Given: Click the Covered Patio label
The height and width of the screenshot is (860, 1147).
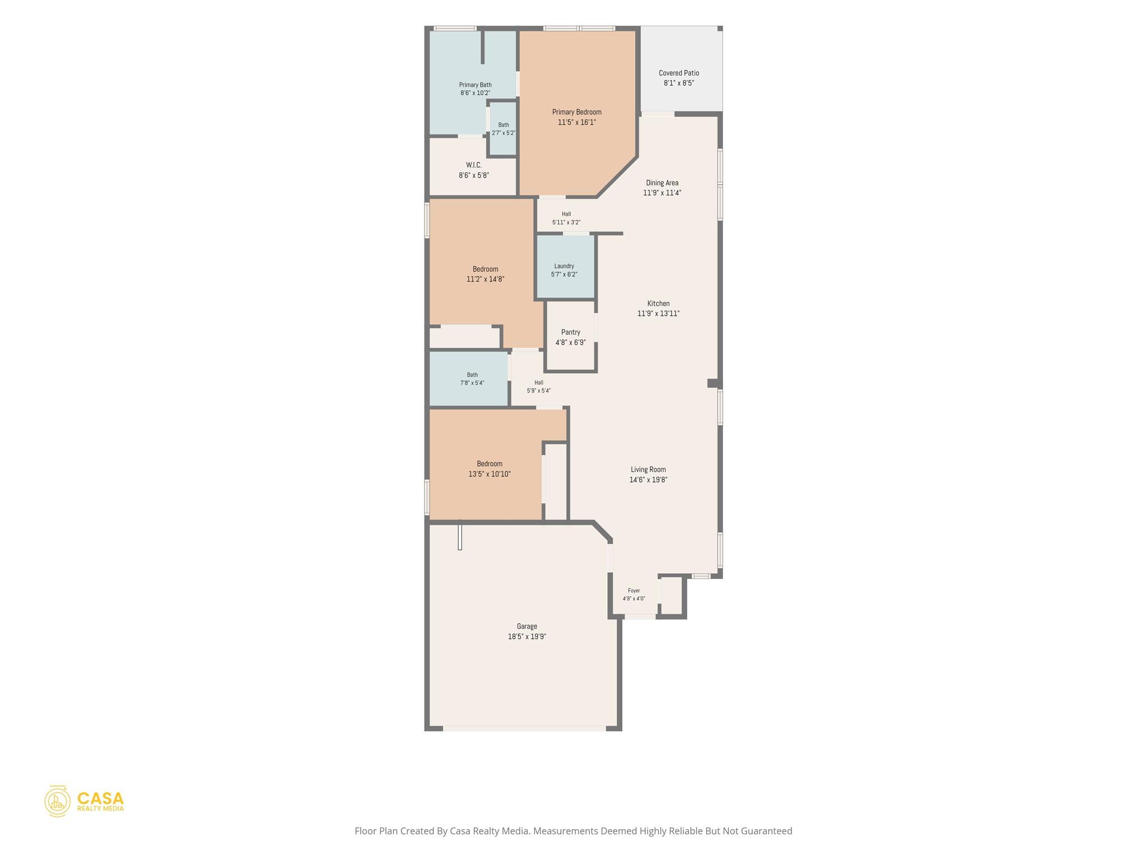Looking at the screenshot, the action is point(679,73).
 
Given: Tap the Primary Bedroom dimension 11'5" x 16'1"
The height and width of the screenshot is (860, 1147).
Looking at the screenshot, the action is point(577,122).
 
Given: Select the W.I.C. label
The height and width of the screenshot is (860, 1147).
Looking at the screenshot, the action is point(474,165).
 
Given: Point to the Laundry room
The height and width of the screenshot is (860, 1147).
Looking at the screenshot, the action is point(566,267).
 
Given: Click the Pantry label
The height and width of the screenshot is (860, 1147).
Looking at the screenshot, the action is point(571,332).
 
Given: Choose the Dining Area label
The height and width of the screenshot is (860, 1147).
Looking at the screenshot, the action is point(662,183).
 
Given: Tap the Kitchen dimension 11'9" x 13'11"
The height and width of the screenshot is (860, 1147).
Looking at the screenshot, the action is point(659,314).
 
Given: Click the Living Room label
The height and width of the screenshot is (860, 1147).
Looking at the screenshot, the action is point(649,469).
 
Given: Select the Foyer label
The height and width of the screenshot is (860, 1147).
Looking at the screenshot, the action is point(634,591).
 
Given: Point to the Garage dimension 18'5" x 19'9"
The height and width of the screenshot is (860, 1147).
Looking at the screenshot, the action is point(527,637).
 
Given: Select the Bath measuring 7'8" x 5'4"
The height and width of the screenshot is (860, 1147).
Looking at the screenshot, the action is point(472,379).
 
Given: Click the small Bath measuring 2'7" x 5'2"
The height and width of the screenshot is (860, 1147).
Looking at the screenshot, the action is point(503,129).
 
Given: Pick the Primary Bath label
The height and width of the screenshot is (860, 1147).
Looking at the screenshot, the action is point(475,85).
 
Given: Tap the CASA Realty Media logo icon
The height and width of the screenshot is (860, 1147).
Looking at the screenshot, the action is point(58,801).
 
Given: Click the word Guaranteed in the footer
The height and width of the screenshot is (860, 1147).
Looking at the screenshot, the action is point(767,831).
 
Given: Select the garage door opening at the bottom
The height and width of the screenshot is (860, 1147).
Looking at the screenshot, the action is point(524,728).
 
